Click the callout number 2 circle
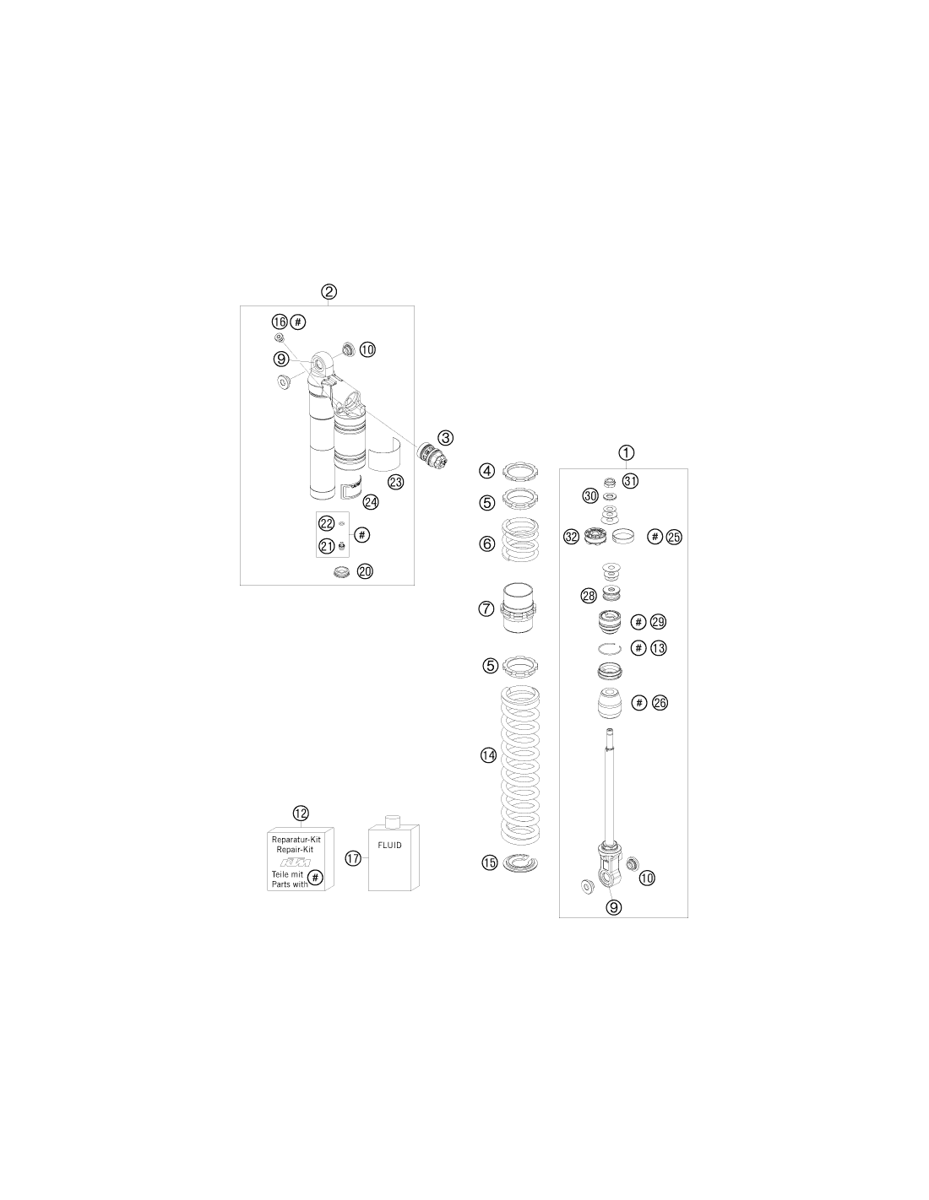tap(329, 292)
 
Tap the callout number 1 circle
tap(626, 453)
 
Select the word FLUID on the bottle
tap(389, 845)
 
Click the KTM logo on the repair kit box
tap(296, 863)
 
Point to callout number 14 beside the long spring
tap(488, 755)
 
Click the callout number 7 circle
tap(486, 609)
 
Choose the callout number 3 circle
tap(445, 438)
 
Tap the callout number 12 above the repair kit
tap(301, 813)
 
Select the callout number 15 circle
tap(490, 862)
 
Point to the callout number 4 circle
tap(487, 471)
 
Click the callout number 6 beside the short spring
tap(487, 544)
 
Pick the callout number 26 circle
tap(660, 703)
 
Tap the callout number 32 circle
tap(572, 536)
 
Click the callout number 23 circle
tap(396, 482)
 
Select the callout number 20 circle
tap(365, 571)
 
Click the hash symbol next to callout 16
tap(298, 322)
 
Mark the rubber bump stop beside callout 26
tap(611, 704)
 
